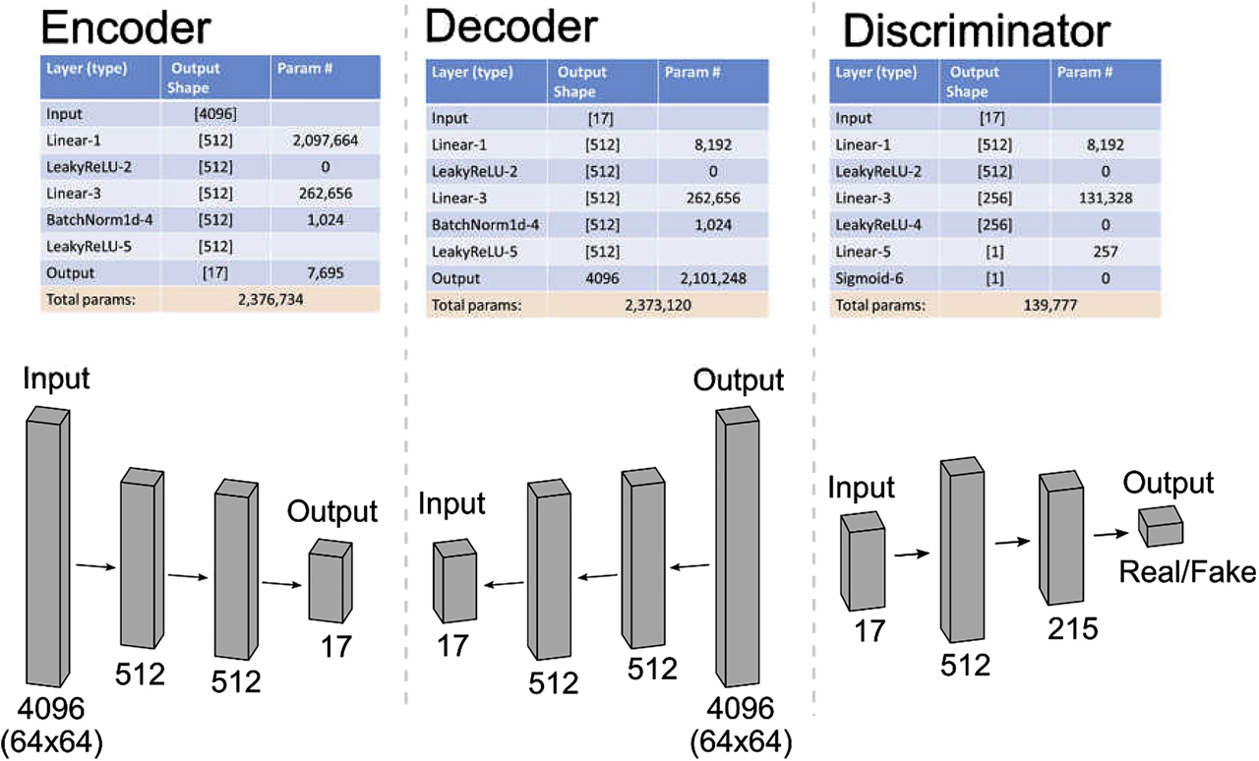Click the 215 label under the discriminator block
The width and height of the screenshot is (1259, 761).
click(x=1071, y=626)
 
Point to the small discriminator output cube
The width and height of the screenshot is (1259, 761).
click(x=1160, y=527)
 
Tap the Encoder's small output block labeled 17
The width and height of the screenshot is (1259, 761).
click(x=330, y=580)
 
